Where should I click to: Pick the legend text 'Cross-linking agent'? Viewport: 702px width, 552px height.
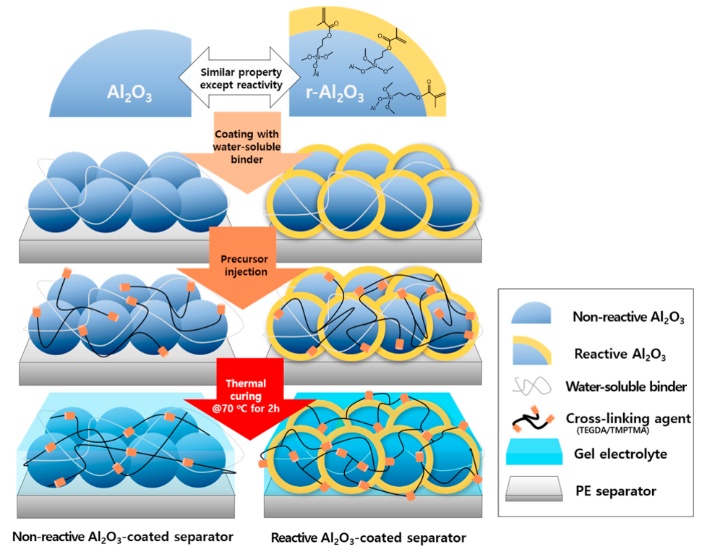click(x=627, y=417)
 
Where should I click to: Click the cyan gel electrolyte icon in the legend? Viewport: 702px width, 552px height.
click(x=533, y=454)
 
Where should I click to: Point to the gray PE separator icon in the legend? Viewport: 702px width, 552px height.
click(x=533, y=491)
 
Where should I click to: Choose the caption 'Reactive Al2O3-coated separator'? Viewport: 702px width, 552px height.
click(x=368, y=538)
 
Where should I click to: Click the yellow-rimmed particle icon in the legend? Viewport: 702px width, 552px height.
click(x=532, y=349)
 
